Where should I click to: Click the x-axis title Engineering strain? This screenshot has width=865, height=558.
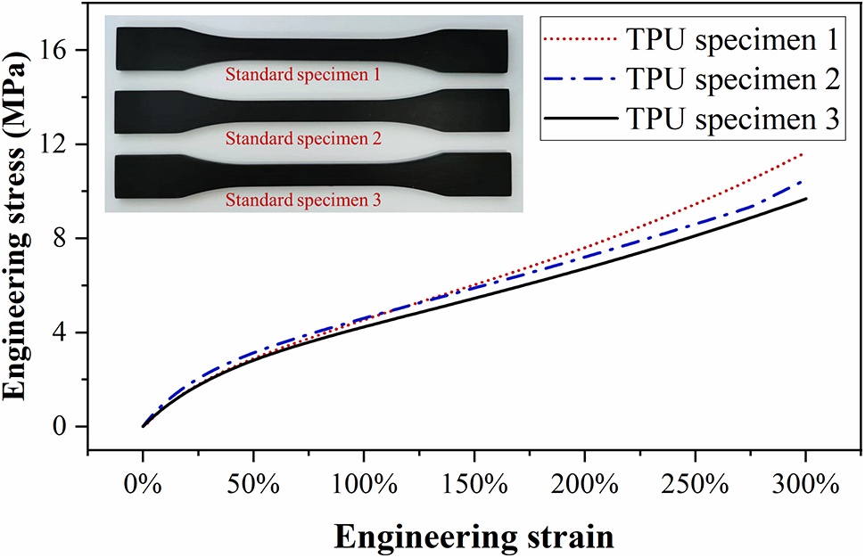click(474, 537)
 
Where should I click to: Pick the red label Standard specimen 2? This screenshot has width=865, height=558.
click(303, 139)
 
